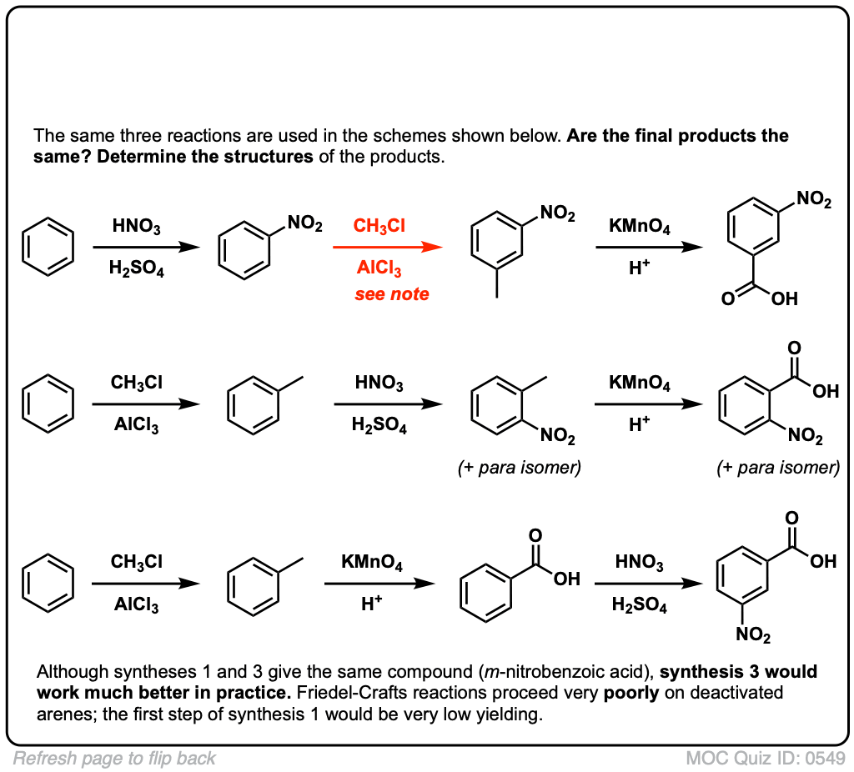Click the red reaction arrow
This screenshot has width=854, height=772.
(x=386, y=248)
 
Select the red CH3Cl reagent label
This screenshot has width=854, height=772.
(x=379, y=225)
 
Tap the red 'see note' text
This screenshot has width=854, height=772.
(x=392, y=294)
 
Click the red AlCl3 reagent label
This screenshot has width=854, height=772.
(x=379, y=270)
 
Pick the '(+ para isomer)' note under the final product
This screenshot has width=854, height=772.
(x=778, y=468)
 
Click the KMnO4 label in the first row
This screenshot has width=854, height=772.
(x=640, y=225)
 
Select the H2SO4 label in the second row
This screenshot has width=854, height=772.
(x=379, y=427)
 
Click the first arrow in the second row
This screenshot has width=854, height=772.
(x=146, y=404)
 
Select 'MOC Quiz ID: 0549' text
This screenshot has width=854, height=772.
(x=766, y=759)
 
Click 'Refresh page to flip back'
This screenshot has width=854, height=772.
(x=114, y=759)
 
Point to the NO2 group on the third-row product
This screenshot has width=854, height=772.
(x=754, y=636)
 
